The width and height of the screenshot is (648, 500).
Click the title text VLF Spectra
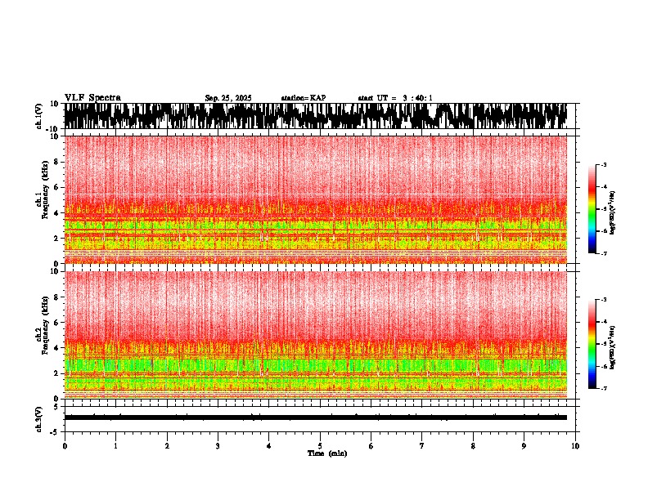pyautogui.click(x=92, y=97)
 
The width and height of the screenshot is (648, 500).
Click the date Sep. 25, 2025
pyautogui.click(x=227, y=98)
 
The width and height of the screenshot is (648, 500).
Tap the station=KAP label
pyautogui.click(x=303, y=98)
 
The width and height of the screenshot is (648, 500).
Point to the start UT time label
pyautogui.click(x=395, y=98)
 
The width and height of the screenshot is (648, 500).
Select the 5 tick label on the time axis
pyautogui.click(x=320, y=445)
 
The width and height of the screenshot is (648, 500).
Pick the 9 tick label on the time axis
pyautogui.click(x=524, y=445)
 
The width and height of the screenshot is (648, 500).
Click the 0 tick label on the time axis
pyautogui.click(x=65, y=445)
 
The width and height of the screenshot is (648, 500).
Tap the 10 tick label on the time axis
pyautogui.click(x=575, y=445)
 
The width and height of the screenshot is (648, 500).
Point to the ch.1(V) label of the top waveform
pyautogui.click(x=38, y=116)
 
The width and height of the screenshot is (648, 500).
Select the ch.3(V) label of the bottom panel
pyautogui.click(x=38, y=417)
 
